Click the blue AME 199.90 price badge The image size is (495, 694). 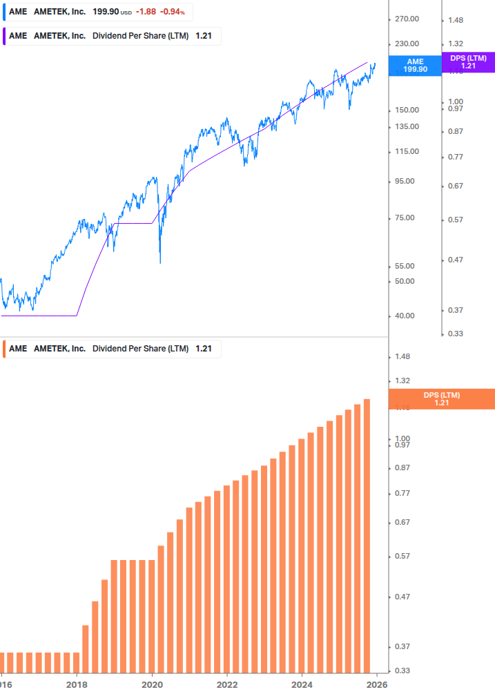pos(415,66)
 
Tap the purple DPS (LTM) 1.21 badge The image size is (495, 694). pos(468,62)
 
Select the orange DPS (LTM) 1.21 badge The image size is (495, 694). pos(442,399)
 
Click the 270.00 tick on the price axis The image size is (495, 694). pos(406,19)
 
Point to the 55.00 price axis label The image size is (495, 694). pos(404,266)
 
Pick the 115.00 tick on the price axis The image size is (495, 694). pos(406,151)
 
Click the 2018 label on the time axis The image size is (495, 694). pos(77,685)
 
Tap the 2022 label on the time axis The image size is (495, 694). pos(226,685)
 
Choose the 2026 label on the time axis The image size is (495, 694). pos(376,685)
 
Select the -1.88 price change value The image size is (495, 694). pos(146,12)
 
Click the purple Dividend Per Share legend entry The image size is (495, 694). pos(113,36)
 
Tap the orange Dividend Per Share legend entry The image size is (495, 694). pos(113,349)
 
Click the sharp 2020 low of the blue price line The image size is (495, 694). pos(160,262)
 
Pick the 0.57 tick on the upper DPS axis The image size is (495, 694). pos(454,220)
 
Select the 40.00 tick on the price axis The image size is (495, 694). pos(404,316)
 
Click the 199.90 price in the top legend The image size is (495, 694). pos(106,12)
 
